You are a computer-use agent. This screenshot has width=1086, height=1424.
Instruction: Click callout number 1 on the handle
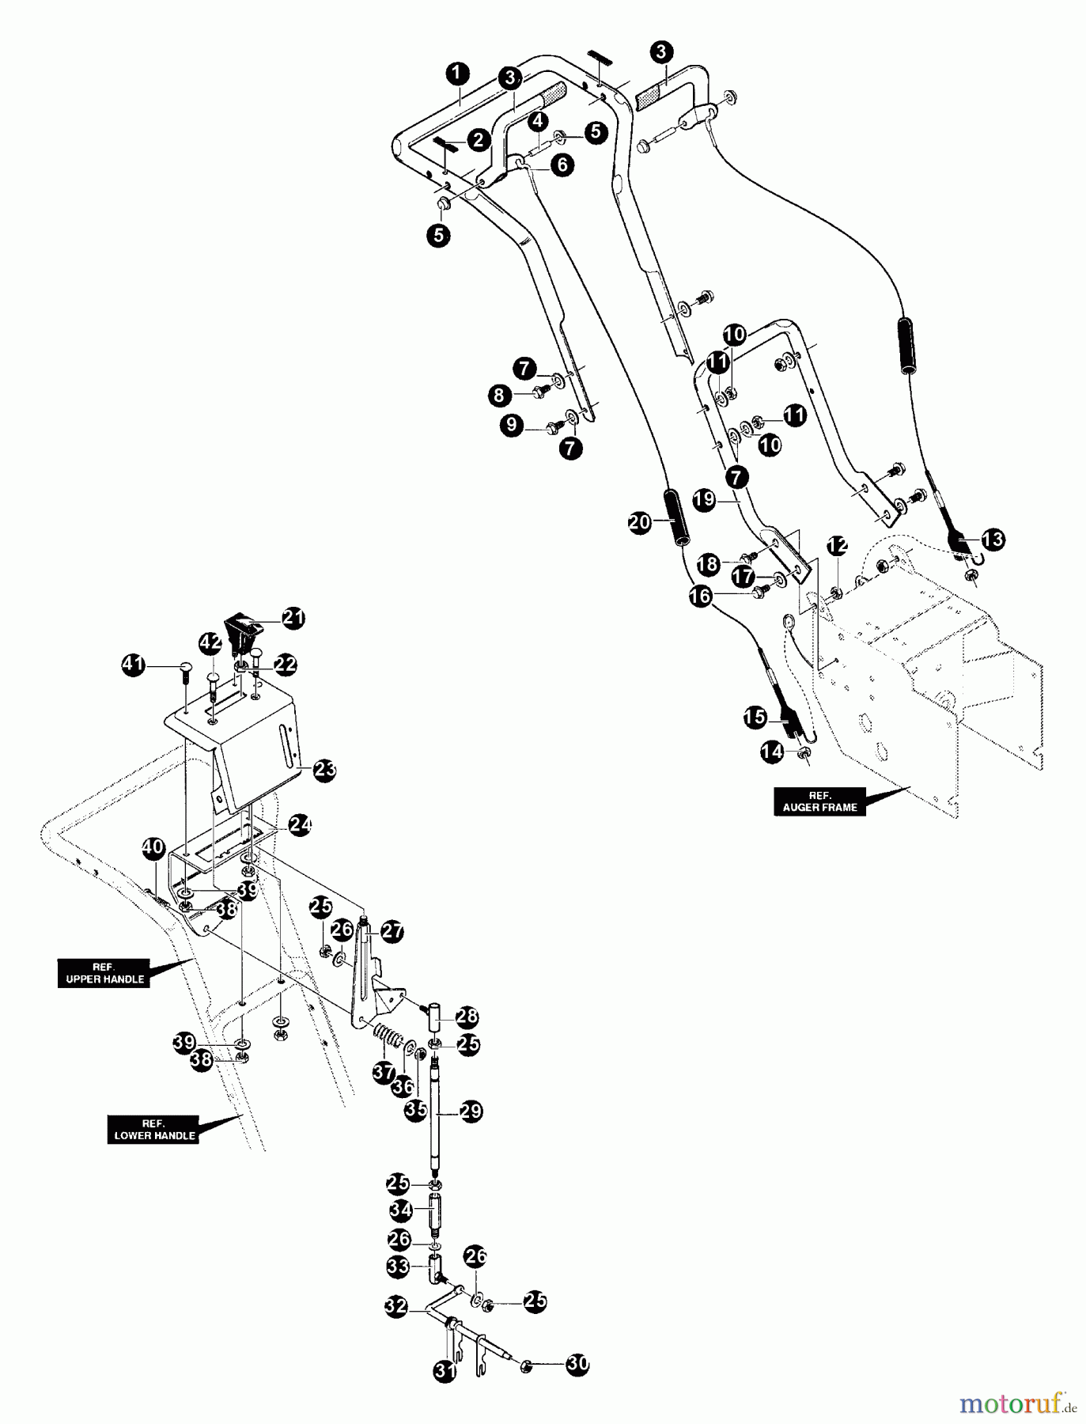click(456, 74)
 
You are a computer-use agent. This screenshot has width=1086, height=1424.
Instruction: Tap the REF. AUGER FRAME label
click(819, 801)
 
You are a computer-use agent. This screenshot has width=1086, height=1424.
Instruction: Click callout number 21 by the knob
click(293, 618)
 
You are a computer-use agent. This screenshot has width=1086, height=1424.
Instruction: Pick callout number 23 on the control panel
click(324, 770)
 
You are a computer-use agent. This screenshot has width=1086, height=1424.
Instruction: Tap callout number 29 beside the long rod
click(471, 1112)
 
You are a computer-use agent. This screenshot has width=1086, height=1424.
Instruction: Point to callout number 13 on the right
click(993, 540)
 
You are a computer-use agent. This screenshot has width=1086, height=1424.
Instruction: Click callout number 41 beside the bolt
click(133, 665)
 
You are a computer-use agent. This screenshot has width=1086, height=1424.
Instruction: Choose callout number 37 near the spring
click(384, 1072)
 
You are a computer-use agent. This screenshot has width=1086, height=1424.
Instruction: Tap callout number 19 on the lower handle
click(704, 499)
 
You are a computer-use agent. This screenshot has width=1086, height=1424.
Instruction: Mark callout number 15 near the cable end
click(755, 718)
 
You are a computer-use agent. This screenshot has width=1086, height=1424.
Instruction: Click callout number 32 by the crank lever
click(396, 1306)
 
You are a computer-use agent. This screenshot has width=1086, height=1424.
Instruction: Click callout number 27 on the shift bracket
click(392, 931)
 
